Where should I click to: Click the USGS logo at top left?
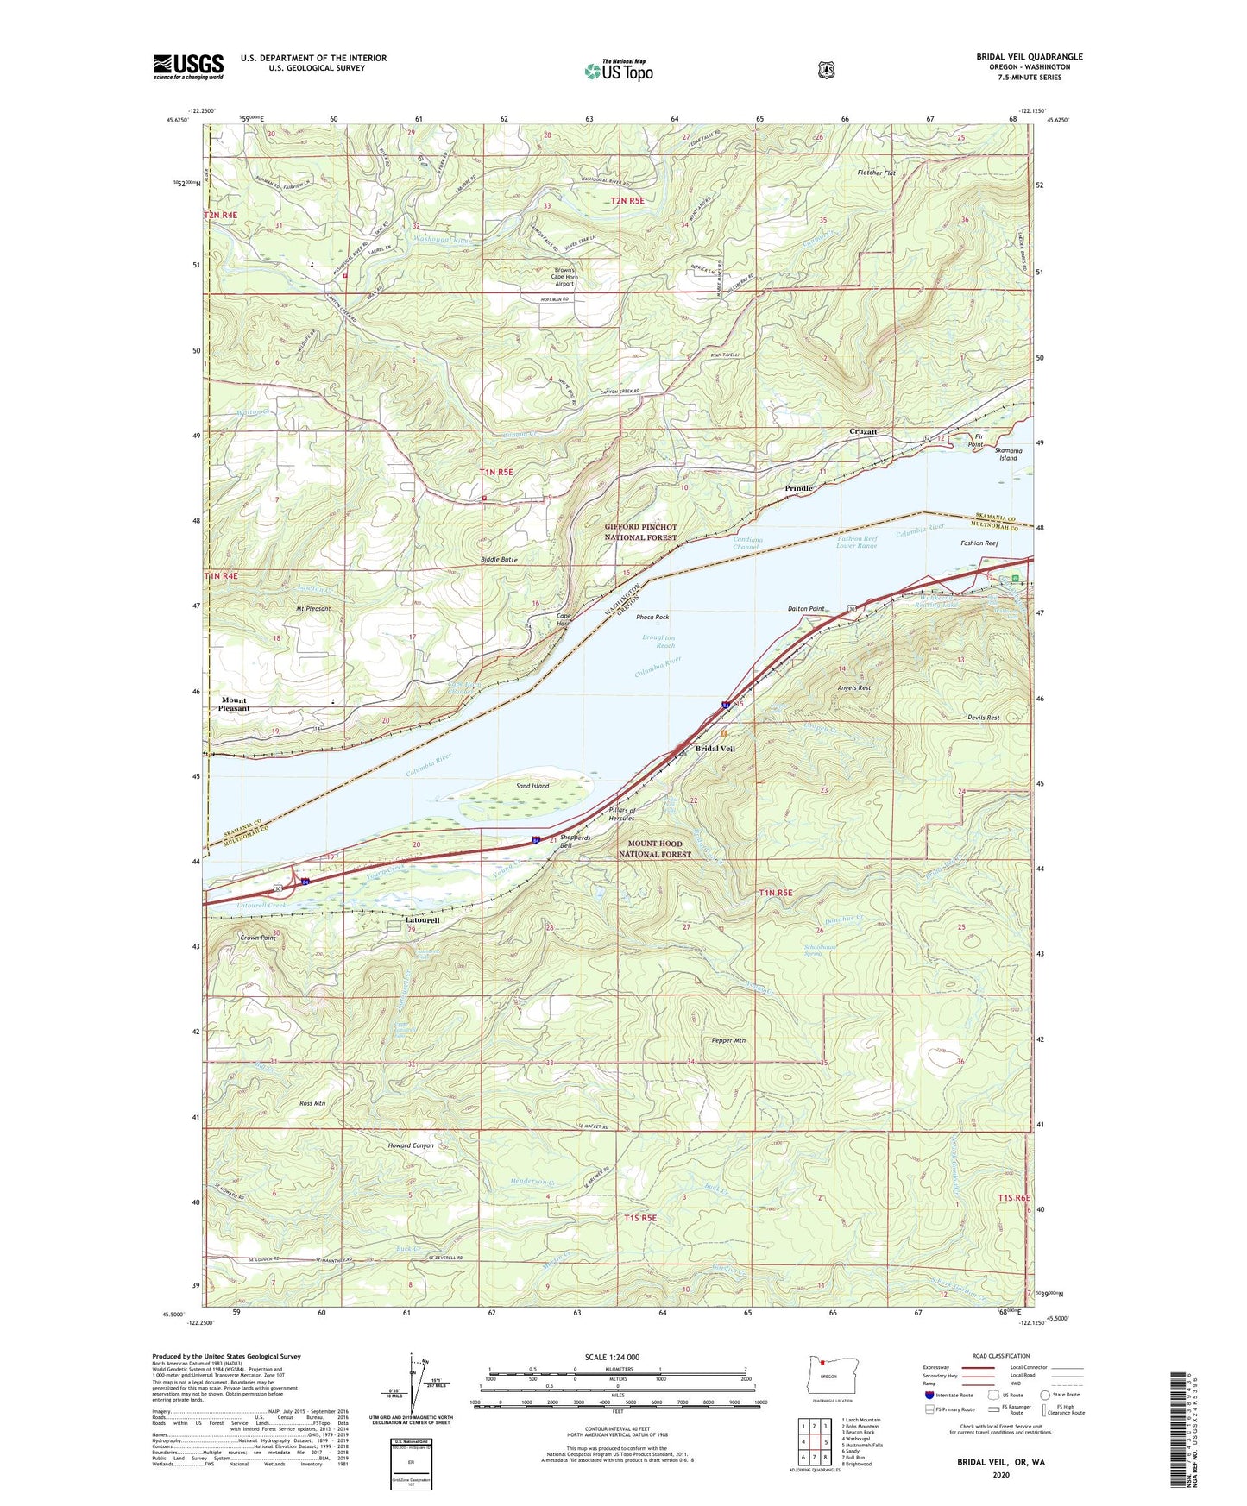(188, 66)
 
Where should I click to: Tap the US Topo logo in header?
(618, 71)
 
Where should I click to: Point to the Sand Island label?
(532, 786)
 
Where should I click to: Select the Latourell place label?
(423, 920)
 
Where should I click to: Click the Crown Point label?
(258, 937)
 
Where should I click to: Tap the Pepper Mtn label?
(728, 1040)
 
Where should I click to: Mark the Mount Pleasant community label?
(233, 704)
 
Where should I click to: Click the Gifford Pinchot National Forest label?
(641, 531)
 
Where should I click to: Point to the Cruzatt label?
(863, 431)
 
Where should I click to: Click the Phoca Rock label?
(652, 617)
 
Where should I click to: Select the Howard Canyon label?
(411, 1145)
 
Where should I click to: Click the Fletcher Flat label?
(877, 173)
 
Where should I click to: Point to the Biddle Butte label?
(499, 560)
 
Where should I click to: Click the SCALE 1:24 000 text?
(612, 1357)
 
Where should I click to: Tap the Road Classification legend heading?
(1001, 1356)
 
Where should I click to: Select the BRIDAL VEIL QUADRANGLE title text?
(1030, 57)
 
